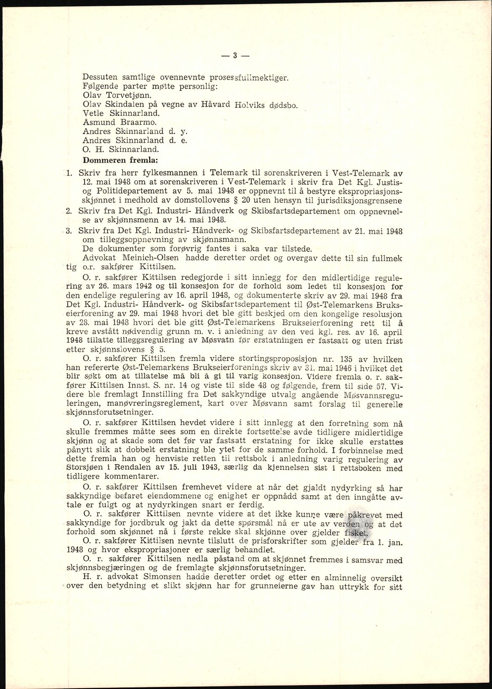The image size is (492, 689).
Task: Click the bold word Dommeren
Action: click(x=103, y=160)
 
